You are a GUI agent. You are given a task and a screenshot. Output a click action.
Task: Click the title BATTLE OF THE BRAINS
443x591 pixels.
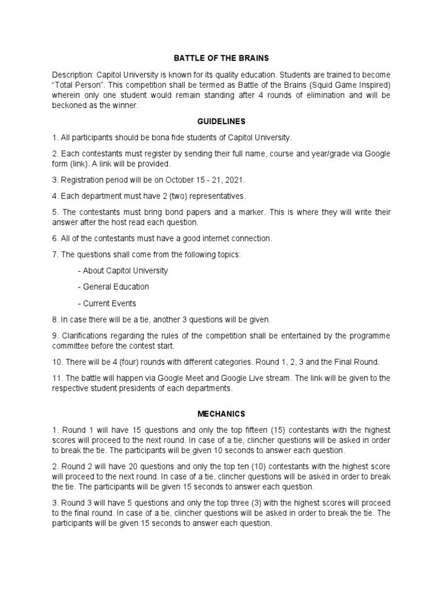pyautogui.click(x=221, y=58)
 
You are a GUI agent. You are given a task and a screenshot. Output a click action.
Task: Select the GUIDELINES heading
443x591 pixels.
pyautogui.click(x=221, y=122)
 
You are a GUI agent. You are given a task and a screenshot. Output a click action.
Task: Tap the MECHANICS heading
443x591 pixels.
pyautogui.click(x=221, y=414)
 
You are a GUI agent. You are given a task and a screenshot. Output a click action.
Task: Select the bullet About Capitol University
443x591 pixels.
pyautogui.click(x=125, y=270)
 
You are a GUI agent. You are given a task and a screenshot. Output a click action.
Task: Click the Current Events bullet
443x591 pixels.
pyautogui.click(x=110, y=303)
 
